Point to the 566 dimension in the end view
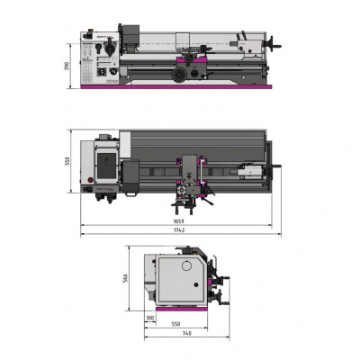point(127,278)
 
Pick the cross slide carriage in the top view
point(194,171)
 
